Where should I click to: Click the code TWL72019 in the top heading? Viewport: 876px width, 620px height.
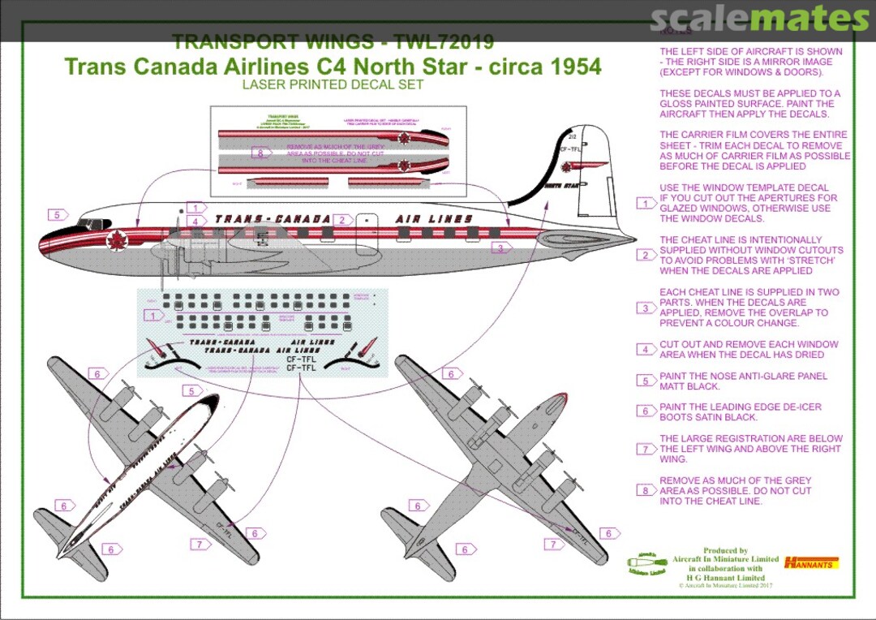point(444,42)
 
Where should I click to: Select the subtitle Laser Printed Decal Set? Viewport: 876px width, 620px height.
point(333,84)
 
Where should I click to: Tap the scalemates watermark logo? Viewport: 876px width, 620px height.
point(760,19)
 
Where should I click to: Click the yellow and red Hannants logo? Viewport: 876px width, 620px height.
point(812,562)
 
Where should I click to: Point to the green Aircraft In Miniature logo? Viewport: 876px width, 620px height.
point(647,564)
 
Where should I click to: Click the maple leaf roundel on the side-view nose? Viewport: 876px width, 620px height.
point(118,239)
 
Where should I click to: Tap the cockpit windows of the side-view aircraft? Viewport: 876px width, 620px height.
point(90,223)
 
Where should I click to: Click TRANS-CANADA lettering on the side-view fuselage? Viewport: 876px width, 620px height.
point(273,219)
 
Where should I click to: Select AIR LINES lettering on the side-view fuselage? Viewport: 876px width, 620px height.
point(433,219)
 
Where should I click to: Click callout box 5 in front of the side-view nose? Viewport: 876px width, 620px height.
point(57,215)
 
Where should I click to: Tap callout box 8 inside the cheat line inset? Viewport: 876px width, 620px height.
point(260,152)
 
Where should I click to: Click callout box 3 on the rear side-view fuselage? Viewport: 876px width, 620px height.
point(500,248)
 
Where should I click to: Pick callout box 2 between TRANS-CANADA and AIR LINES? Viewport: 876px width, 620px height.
point(342,220)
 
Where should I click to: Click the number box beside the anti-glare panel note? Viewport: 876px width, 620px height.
point(646,381)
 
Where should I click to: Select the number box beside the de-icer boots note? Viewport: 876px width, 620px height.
point(646,411)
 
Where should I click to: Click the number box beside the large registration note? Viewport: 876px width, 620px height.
point(646,449)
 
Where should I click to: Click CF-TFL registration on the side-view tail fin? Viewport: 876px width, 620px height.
point(569,149)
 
